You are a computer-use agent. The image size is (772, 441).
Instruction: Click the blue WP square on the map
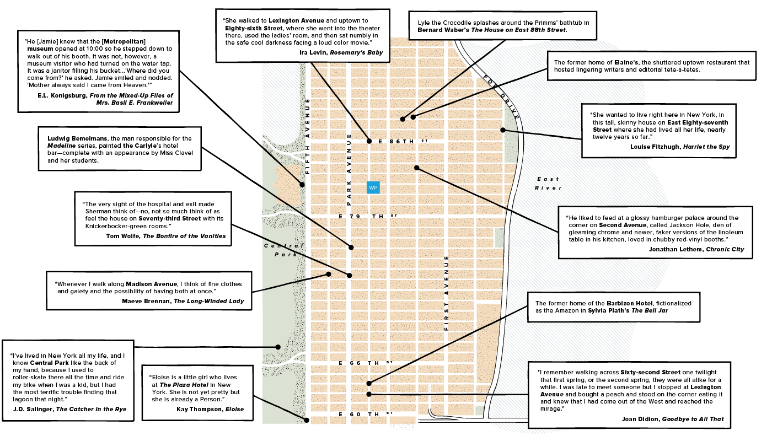[x=373, y=188]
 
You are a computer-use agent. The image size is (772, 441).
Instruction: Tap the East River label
[x=548, y=183]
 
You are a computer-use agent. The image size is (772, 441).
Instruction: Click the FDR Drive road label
[x=501, y=97]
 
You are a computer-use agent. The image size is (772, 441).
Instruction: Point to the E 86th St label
[x=400, y=142]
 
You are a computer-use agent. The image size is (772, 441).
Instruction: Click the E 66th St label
[x=364, y=363]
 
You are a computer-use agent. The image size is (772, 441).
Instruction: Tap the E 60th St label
[x=364, y=413]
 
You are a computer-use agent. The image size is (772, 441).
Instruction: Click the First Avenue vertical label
[x=447, y=293]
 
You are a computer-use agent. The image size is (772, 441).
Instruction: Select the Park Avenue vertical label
[x=349, y=170]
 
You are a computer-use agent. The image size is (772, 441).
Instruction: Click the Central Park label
[x=283, y=250]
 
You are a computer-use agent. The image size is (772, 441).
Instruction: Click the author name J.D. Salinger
[x=35, y=409]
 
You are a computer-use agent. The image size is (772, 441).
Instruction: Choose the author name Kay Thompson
[x=199, y=409]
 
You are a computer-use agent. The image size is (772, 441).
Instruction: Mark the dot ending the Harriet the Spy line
[x=502, y=130]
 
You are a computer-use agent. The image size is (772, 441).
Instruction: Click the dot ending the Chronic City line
[x=417, y=168]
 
